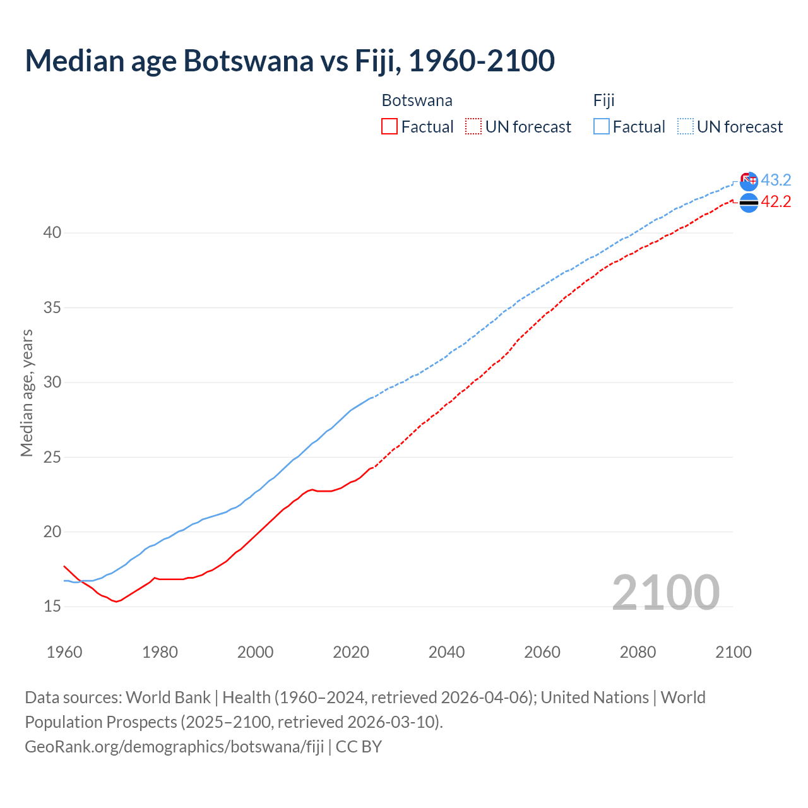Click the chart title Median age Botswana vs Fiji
pos(290,61)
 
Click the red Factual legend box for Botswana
pos(389,126)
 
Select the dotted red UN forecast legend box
pos(473,126)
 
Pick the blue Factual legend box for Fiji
pos(602,126)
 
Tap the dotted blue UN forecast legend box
pos(685,126)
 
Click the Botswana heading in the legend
pos(417,100)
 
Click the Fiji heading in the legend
pos(603,100)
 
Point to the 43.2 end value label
pos(776,180)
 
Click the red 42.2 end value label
pos(776,201)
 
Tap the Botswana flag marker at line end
pos(749,203)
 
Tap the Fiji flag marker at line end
pos(749,181)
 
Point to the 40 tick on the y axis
pos(52,233)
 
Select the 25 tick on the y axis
pos(52,457)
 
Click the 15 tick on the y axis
pos(52,607)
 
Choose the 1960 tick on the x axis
pos(64,652)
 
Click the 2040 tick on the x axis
pos(446,652)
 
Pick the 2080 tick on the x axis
pos(638,652)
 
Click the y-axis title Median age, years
pos(27,393)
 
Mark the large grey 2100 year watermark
pos(665,592)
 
